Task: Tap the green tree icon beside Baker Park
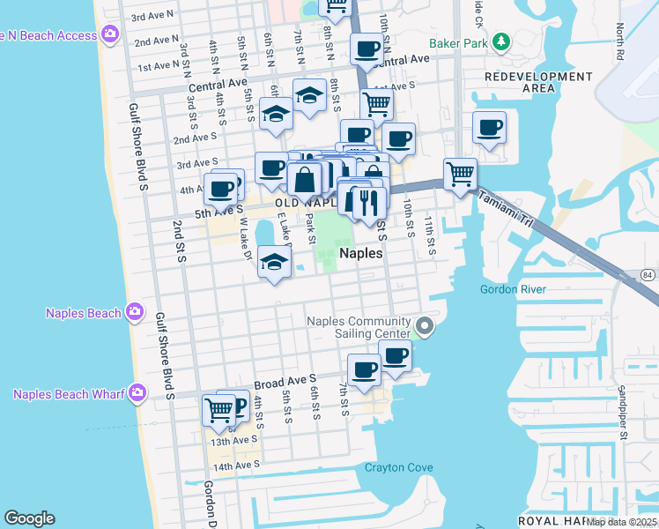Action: pyautogui.click(x=500, y=41)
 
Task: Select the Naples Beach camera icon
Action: pyautogui.click(x=134, y=312)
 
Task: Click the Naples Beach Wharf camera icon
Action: pyautogui.click(x=137, y=393)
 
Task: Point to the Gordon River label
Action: pyautogui.click(x=513, y=289)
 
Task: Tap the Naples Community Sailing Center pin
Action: pyautogui.click(x=425, y=327)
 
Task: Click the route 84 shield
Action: pyautogui.click(x=648, y=276)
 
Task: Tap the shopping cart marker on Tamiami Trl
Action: pyautogui.click(x=460, y=173)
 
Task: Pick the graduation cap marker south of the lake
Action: pyautogui.click(x=275, y=263)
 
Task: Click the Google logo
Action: pyautogui.click(x=29, y=518)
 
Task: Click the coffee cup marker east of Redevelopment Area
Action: pyautogui.click(x=489, y=128)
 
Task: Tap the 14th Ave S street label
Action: pyautogui.click(x=236, y=465)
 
